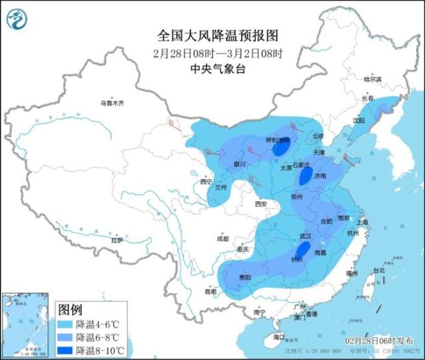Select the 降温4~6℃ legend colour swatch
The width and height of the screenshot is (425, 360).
[66, 325]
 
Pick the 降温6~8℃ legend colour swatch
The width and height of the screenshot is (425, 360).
[66, 337]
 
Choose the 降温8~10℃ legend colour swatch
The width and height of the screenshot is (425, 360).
[66, 350]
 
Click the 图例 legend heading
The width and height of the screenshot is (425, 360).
[70, 310]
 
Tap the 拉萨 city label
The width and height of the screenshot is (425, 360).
[118, 240]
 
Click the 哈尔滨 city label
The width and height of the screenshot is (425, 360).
[374, 79]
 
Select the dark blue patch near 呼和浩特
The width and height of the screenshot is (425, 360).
[278, 150]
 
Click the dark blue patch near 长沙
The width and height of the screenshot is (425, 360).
[301, 250]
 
